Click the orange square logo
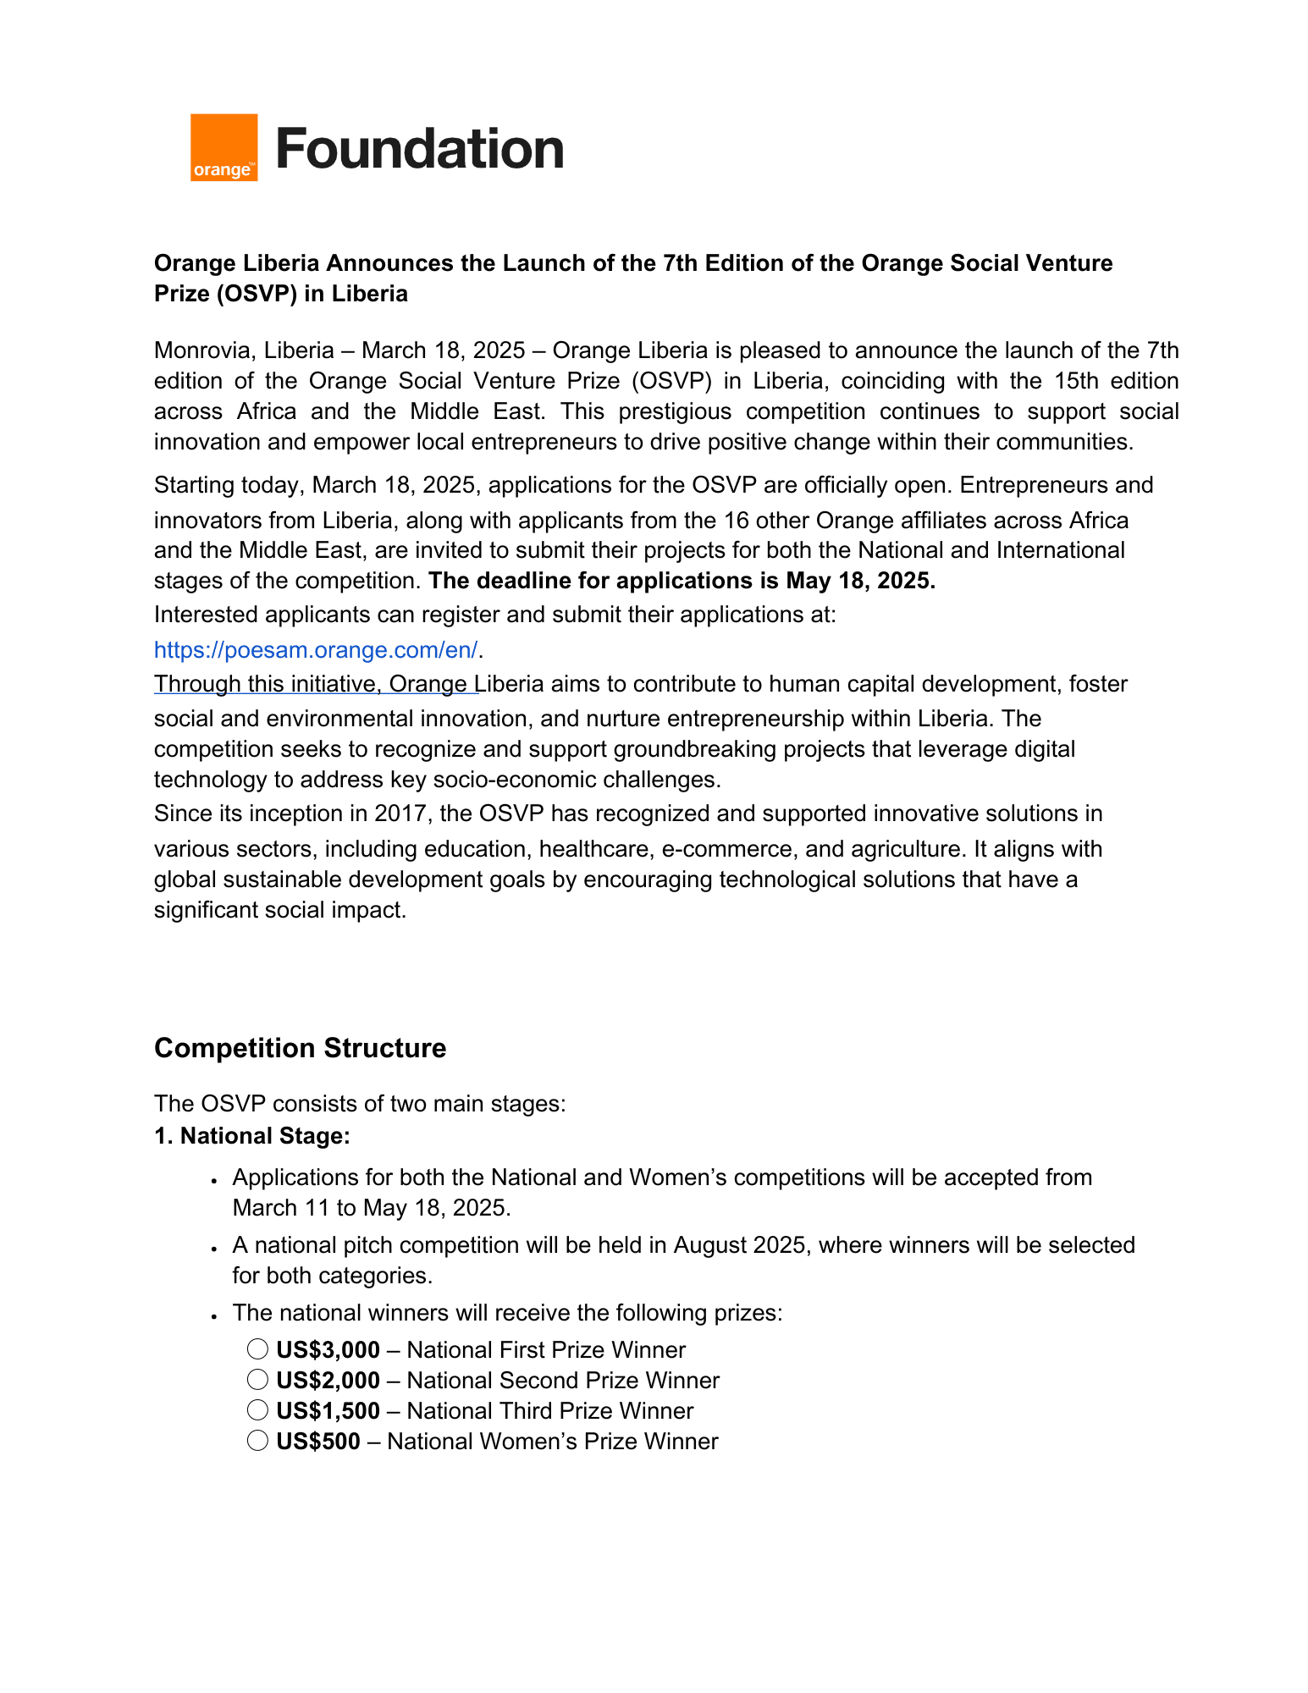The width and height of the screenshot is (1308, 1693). (224, 147)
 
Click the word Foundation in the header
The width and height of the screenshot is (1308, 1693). (420, 149)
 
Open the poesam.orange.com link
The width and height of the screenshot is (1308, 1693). (316, 650)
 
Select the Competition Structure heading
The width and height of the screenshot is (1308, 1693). (300, 1048)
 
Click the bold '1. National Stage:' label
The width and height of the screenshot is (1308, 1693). (252, 1136)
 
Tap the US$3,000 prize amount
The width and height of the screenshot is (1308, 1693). (328, 1350)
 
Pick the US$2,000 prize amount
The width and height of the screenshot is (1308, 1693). (328, 1381)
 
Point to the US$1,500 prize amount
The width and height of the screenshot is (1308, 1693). (328, 1411)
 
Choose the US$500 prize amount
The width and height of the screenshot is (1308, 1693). (318, 1442)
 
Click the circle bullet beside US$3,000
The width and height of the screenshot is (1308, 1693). (257, 1349)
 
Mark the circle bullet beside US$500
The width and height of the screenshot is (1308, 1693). (257, 1441)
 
